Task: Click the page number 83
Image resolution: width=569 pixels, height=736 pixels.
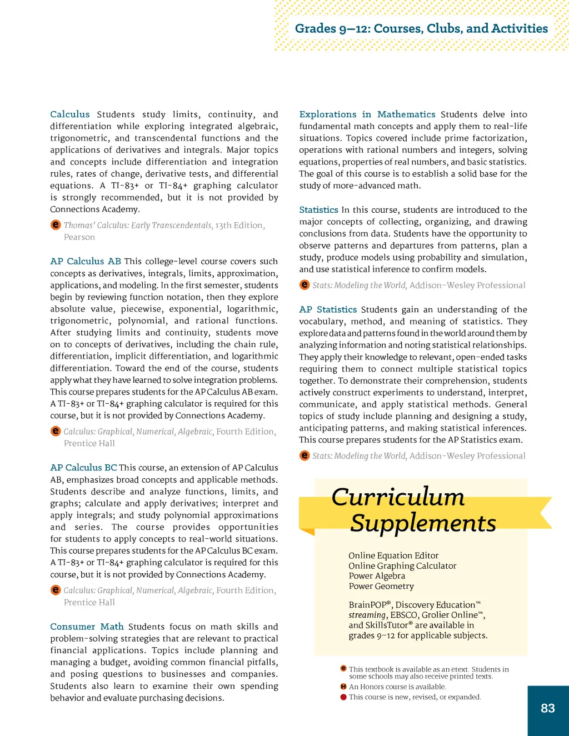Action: pos(547,708)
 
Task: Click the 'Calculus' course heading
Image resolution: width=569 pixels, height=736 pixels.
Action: pos(70,114)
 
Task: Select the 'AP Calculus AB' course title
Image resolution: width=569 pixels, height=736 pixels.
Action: pos(86,261)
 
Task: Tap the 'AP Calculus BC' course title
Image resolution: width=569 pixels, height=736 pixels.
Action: pos(83,468)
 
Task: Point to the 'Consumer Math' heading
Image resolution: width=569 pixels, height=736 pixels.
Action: pos(87,627)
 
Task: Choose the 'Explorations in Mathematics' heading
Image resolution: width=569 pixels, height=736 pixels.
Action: pos(367,114)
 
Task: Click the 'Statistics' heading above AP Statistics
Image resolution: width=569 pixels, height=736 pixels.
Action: pos(318,210)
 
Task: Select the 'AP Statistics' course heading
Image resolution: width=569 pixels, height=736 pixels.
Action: pos(328,309)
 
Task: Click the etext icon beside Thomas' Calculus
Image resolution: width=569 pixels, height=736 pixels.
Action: pos(56,225)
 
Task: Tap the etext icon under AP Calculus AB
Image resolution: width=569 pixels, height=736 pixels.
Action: pos(56,431)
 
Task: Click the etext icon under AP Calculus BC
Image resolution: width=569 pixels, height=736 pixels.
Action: pos(56,590)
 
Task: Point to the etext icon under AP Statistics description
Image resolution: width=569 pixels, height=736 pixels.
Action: pos(305,455)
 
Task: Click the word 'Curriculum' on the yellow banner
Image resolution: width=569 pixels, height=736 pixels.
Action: pos(398,497)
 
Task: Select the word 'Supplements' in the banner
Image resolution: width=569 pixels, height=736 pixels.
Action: pos(423,523)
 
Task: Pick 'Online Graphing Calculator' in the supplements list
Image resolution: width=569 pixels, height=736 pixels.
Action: pos(402,566)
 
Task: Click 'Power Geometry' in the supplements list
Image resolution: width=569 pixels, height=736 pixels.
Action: pos(381,586)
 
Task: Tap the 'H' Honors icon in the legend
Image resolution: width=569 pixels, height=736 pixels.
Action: pos(343,687)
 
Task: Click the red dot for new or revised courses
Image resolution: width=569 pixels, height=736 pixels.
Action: pos(343,697)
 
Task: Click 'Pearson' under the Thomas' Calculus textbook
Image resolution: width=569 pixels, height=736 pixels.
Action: pos(79,237)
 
